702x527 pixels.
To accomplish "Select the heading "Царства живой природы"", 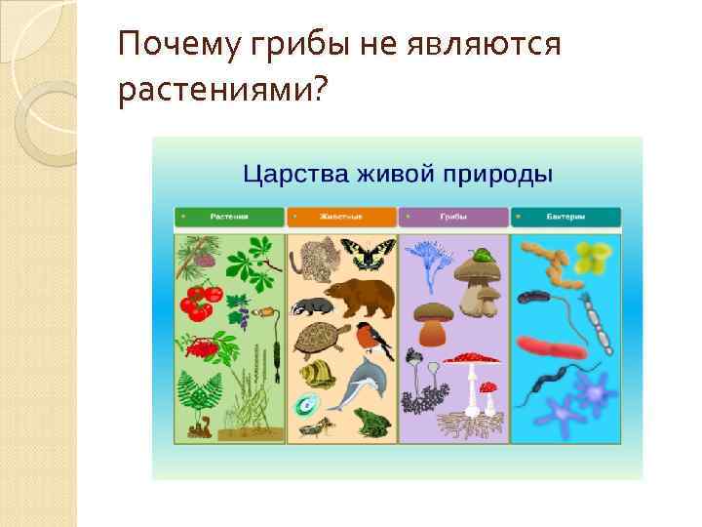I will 397,175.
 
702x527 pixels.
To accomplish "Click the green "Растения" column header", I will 228,218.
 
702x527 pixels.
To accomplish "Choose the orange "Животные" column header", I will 341,218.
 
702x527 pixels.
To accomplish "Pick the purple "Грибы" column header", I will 452,218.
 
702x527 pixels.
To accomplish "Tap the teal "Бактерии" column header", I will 565,218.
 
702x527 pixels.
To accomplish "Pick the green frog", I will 375,421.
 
